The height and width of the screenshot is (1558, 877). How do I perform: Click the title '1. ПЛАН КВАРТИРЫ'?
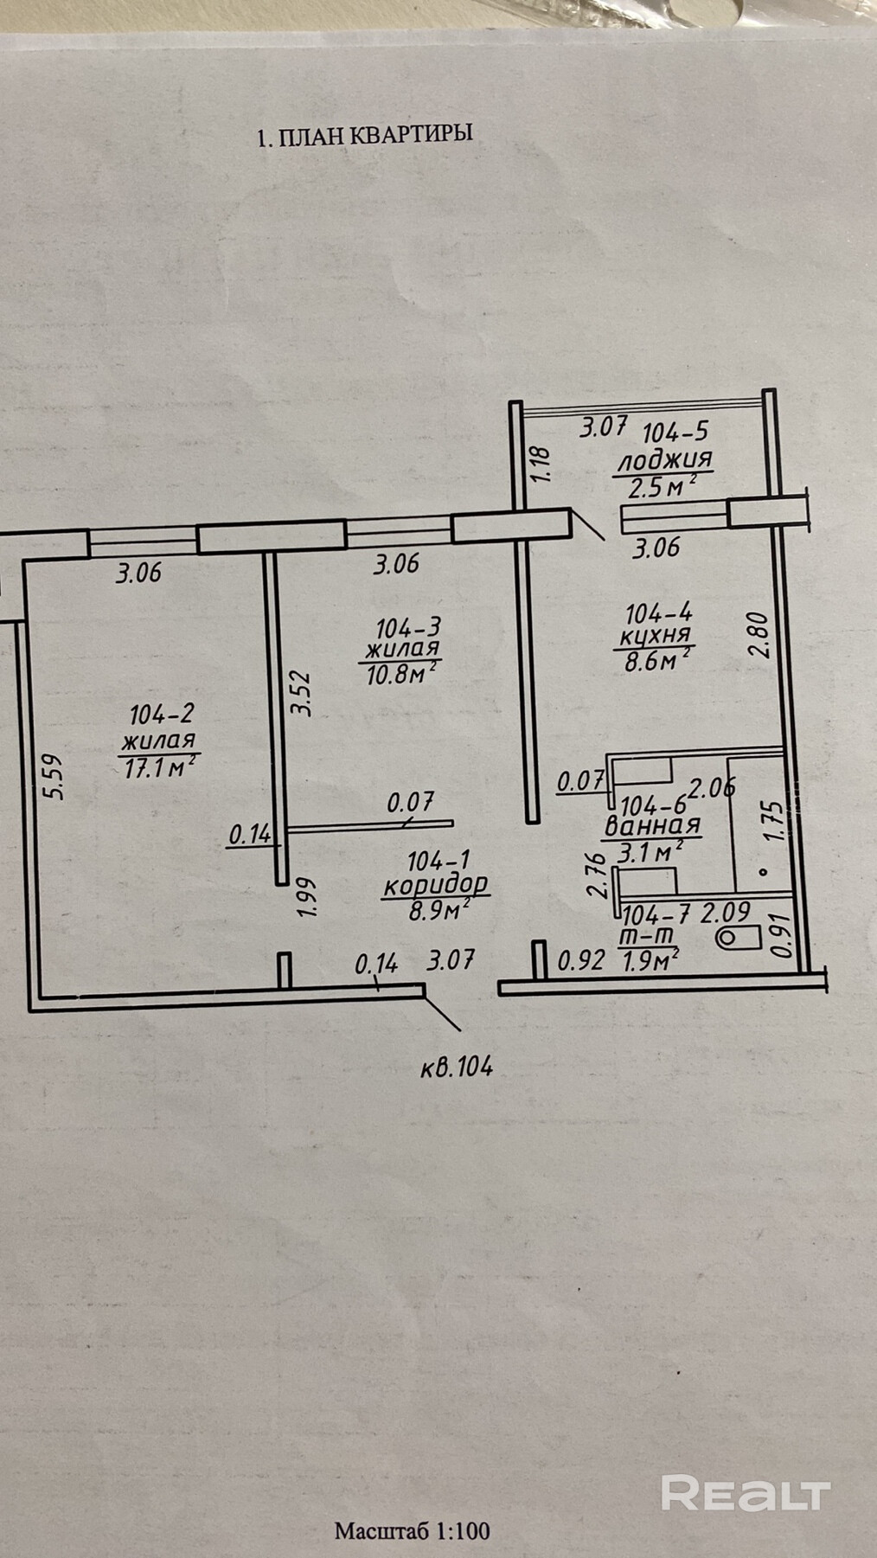[364, 135]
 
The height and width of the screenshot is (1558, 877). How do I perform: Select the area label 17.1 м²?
[159, 766]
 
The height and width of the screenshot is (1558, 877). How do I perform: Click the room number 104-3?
[403, 626]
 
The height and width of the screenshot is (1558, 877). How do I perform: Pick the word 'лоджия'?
[663, 459]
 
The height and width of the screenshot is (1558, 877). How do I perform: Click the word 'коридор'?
[436, 885]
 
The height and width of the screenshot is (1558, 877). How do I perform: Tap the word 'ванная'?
[652, 826]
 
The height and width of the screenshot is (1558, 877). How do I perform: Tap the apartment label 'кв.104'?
[457, 1068]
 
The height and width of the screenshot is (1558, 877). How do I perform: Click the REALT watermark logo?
[746, 1493]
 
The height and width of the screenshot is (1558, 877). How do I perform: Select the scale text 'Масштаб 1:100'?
[412, 1530]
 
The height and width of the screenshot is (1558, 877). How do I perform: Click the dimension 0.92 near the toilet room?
[580, 960]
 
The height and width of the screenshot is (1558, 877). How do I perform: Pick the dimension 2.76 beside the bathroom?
[595, 876]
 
